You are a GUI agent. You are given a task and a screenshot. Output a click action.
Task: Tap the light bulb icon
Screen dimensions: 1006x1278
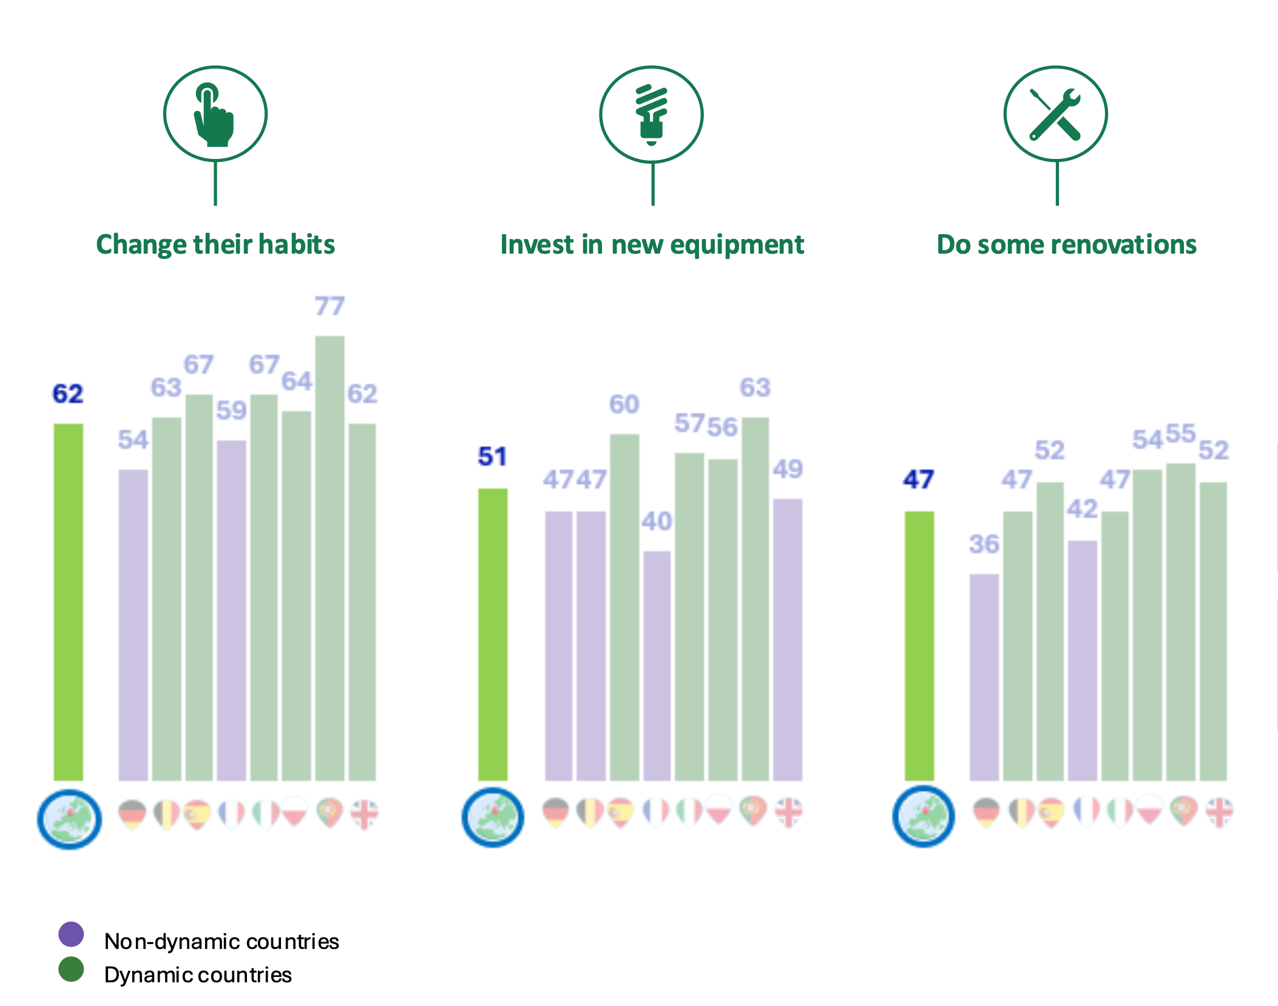click(x=651, y=115)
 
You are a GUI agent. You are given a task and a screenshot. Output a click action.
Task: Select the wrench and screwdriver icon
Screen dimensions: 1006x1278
click(x=1055, y=115)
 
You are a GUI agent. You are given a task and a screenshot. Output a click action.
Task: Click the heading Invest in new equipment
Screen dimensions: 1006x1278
click(x=652, y=245)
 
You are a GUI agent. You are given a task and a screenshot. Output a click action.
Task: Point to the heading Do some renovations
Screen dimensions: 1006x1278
click(x=1066, y=245)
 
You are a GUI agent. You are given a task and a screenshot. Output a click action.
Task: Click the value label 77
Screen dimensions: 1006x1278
click(x=330, y=306)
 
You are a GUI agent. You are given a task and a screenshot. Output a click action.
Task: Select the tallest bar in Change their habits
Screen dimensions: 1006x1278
click(x=330, y=558)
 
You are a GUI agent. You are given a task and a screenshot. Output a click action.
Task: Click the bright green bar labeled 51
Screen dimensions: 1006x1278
click(x=493, y=634)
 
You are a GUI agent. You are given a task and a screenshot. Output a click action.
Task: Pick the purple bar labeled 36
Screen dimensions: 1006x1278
click(x=984, y=677)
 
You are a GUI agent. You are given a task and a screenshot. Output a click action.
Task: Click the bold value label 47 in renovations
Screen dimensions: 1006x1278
click(x=918, y=480)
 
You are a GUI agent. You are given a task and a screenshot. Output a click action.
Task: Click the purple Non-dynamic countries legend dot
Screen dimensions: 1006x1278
click(x=71, y=934)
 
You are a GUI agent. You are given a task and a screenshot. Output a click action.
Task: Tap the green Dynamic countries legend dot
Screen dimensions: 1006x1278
click(x=71, y=970)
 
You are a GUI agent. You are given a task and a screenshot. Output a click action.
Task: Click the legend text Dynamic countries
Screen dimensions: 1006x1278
click(x=198, y=975)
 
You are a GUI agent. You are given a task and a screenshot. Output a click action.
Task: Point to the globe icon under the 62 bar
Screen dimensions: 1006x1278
click(x=69, y=819)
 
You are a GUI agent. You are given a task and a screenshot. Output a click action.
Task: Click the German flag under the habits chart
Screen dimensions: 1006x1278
click(x=132, y=814)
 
